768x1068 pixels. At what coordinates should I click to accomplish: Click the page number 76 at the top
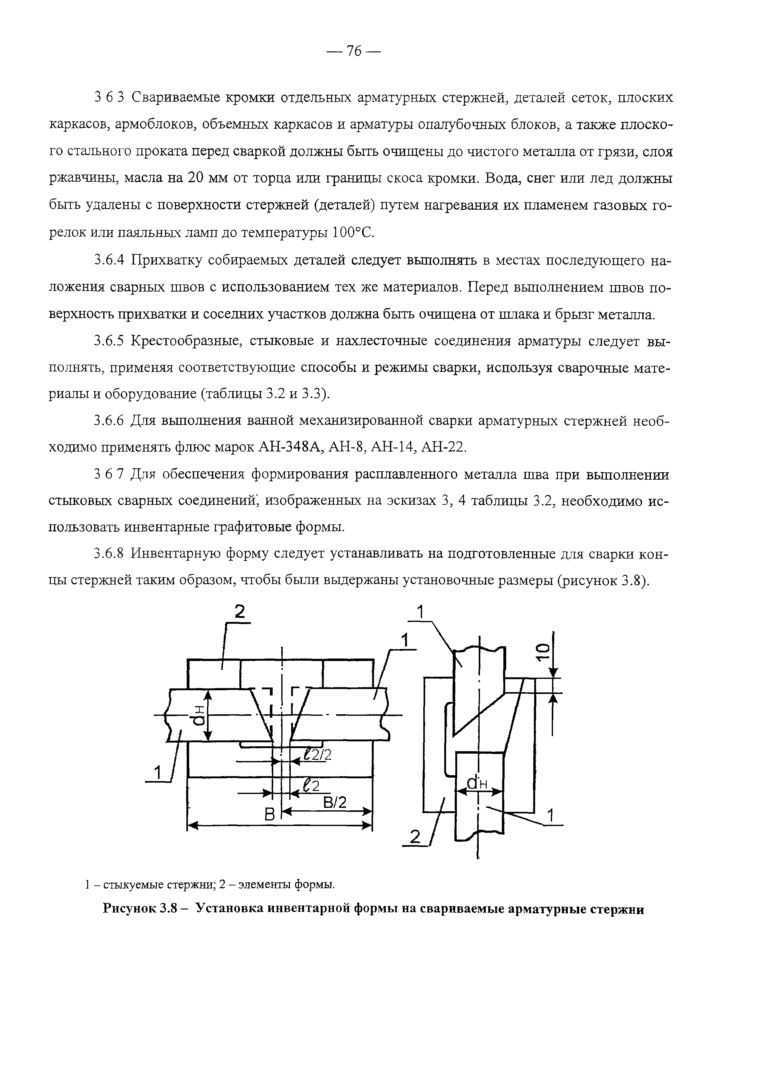click(x=353, y=51)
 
